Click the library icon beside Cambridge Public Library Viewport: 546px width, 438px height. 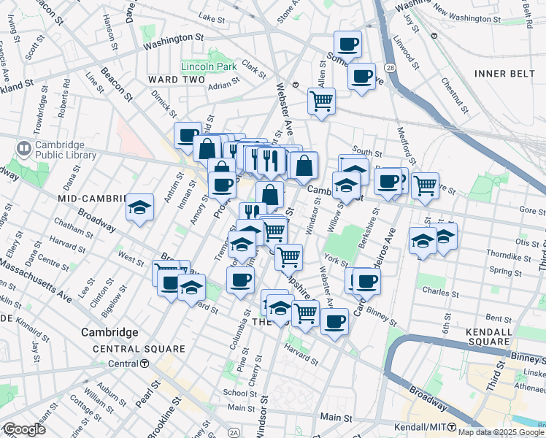[x=23, y=150]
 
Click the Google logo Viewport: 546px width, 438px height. [x=23, y=429]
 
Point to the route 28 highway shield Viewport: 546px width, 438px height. [x=391, y=67]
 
